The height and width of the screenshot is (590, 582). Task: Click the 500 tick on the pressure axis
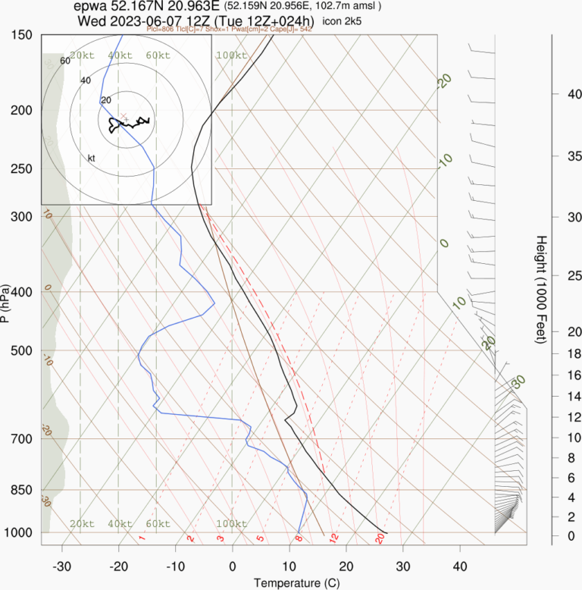click(22, 350)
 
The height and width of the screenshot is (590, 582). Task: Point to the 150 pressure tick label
click(22, 35)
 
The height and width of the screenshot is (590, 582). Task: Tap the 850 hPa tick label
click(22, 490)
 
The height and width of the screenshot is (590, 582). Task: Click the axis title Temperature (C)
click(290, 582)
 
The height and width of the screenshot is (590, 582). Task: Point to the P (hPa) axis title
click(6, 303)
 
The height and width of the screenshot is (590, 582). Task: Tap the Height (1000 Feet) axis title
click(541, 290)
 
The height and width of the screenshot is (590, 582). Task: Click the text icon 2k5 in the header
click(342, 21)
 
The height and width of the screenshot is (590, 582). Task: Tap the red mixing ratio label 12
click(333, 538)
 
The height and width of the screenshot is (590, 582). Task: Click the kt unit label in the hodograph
click(92, 158)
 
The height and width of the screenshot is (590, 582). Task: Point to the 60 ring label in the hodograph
click(64, 61)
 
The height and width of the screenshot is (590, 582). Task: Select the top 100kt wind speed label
click(231, 56)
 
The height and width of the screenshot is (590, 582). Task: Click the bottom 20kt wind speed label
click(82, 524)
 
